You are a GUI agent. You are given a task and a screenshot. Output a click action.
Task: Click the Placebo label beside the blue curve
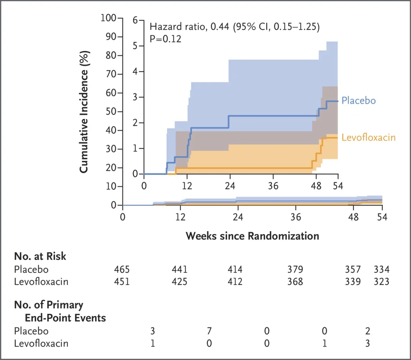coord(358,101)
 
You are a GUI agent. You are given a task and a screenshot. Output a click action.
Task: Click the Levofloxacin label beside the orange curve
coord(368,138)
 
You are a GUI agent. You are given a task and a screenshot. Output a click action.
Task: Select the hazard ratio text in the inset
coord(234,27)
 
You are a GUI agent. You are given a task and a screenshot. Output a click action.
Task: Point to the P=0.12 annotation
coord(166,38)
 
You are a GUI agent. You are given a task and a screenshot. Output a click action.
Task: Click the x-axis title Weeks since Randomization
coord(252,236)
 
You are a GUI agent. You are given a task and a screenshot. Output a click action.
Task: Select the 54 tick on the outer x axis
coord(382,217)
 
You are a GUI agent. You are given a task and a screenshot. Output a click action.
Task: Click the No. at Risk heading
coord(40,256)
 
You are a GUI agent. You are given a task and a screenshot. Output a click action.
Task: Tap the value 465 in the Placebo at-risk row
coord(122,270)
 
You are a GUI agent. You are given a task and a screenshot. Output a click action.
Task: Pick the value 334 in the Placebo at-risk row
coord(382,270)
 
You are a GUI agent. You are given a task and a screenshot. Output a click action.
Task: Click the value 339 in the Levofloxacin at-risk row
coord(353,282)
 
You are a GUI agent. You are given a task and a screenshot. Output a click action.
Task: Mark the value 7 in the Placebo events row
coord(209,331)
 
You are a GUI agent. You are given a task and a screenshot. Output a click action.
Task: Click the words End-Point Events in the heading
coord(65,318)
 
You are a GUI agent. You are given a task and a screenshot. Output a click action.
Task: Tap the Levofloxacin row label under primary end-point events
coord(41,343)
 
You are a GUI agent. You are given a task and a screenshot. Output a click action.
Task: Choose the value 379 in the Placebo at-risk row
coord(295,270)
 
